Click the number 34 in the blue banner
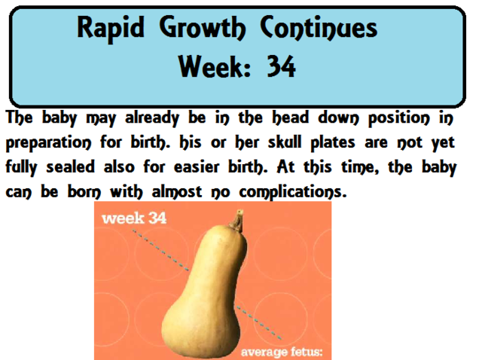pyautogui.click(x=281, y=69)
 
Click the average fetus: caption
pyautogui.click(x=281, y=352)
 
